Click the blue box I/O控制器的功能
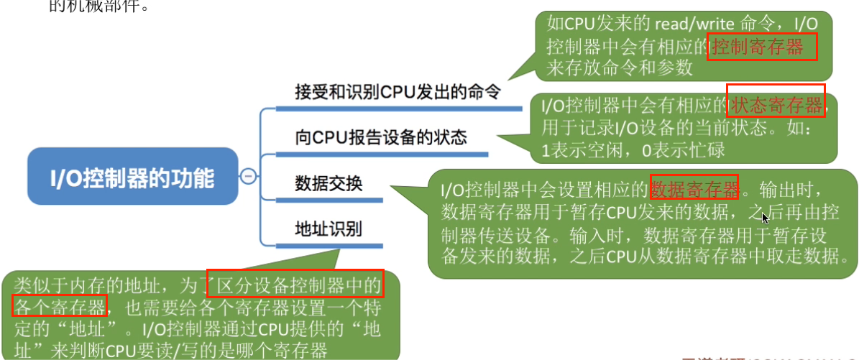[x=132, y=176]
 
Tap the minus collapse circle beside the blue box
[x=249, y=175]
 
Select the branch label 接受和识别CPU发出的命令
[x=398, y=92]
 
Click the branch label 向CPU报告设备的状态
[x=381, y=137]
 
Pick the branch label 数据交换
[x=329, y=183]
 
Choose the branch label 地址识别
[x=329, y=229]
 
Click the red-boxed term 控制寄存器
[x=761, y=47]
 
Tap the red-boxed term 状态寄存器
[x=776, y=106]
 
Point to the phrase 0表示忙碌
[x=684, y=151]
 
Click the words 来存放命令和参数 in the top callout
[x=619, y=68]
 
